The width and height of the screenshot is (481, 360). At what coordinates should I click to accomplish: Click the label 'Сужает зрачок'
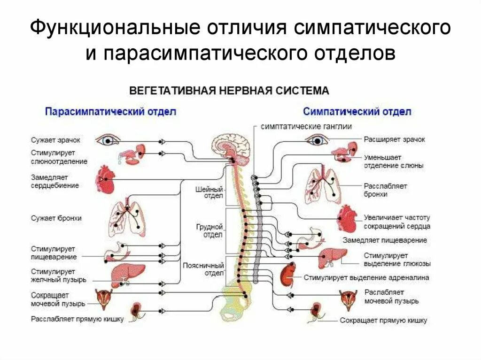55,140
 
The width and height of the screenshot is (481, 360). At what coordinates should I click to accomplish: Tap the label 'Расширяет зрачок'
394,139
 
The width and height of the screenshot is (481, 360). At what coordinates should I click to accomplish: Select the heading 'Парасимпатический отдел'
110,112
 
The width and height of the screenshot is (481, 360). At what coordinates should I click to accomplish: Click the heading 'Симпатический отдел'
357,112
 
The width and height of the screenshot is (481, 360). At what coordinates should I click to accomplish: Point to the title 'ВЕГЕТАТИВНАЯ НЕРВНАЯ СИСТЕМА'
229,90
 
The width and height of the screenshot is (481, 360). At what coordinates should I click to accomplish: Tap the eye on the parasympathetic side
108,139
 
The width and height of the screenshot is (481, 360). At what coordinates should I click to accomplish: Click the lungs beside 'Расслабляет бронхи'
323,186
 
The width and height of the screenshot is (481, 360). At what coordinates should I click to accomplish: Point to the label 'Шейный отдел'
209,192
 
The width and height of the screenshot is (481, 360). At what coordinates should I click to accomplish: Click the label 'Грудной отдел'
209,231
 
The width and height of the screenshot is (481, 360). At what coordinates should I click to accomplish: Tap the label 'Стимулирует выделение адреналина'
366,277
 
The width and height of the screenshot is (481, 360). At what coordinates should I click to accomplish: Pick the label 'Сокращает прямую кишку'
383,321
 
